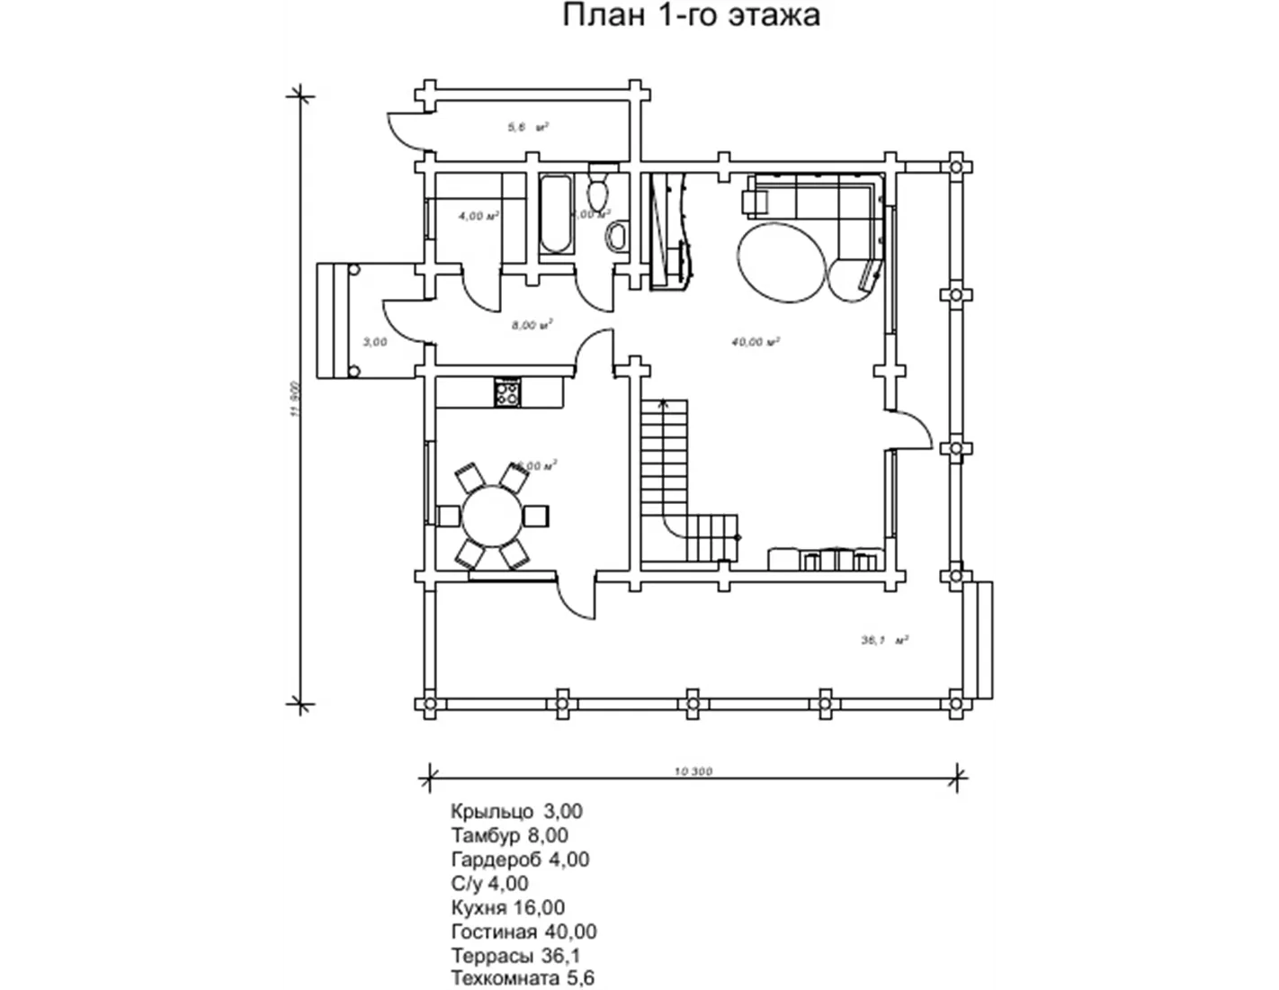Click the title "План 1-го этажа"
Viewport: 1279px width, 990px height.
coord(691,16)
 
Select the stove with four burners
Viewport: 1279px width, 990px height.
coord(507,392)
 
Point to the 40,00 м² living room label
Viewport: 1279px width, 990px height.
coord(756,342)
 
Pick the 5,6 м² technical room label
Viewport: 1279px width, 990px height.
coord(528,128)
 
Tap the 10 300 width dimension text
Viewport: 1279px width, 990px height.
coord(693,771)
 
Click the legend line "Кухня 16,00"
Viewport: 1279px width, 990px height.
coord(508,907)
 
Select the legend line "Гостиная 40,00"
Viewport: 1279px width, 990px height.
coord(523,931)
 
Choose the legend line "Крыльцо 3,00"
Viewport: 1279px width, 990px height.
coord(517,811)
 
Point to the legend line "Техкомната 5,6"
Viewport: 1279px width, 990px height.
coord(523,978)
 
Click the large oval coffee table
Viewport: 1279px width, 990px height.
coord(781,261)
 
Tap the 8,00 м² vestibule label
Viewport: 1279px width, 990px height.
coord(532,325)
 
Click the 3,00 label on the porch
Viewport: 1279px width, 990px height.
coord(375,342)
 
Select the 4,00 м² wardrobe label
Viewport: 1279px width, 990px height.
coord(479,216)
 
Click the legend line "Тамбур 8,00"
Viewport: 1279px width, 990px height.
coord(510,835)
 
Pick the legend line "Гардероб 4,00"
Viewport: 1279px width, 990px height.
coord(521,859)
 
